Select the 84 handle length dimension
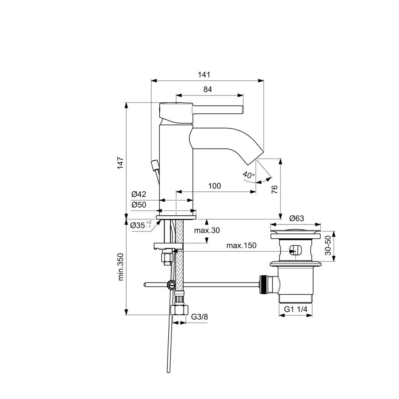[x=208, y=89]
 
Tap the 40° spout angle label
[x=248, y=175]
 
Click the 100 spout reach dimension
[x=214, y=186]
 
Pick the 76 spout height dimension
[x=274, y=189]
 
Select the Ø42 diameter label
[x=138, y=194]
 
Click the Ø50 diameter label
[x=138, y=205]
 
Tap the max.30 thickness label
[x=207, y=230]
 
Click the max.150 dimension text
[x=242, y=245]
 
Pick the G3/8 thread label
[x=199, y=317]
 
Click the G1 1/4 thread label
[x=296, y=309]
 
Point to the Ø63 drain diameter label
[x=296, y=218]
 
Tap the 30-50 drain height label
[x=328, y=245]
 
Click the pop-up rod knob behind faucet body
[x=155, y=165]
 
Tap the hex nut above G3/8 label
[x=180, y=310]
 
